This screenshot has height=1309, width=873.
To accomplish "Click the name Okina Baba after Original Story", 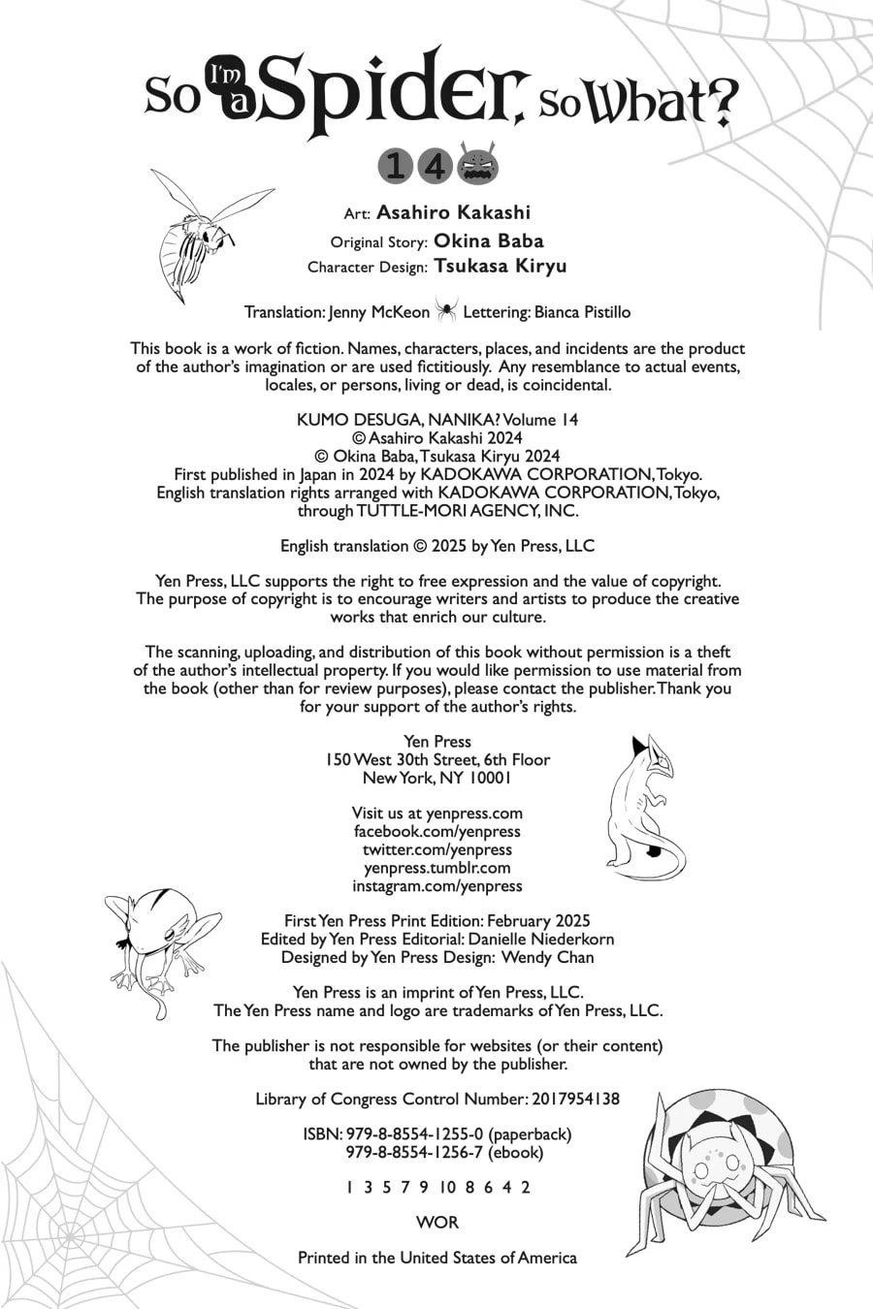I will coord(488,240).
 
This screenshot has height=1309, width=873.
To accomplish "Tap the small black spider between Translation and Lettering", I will coord(446,311).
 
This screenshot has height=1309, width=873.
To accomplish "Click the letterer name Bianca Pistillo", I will coord(582,312).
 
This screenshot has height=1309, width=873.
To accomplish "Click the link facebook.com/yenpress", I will coord(436,831).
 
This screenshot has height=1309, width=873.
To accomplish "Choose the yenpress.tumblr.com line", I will coord(436,868).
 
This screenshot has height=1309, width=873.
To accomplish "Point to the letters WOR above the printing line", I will coord(436,1223).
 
